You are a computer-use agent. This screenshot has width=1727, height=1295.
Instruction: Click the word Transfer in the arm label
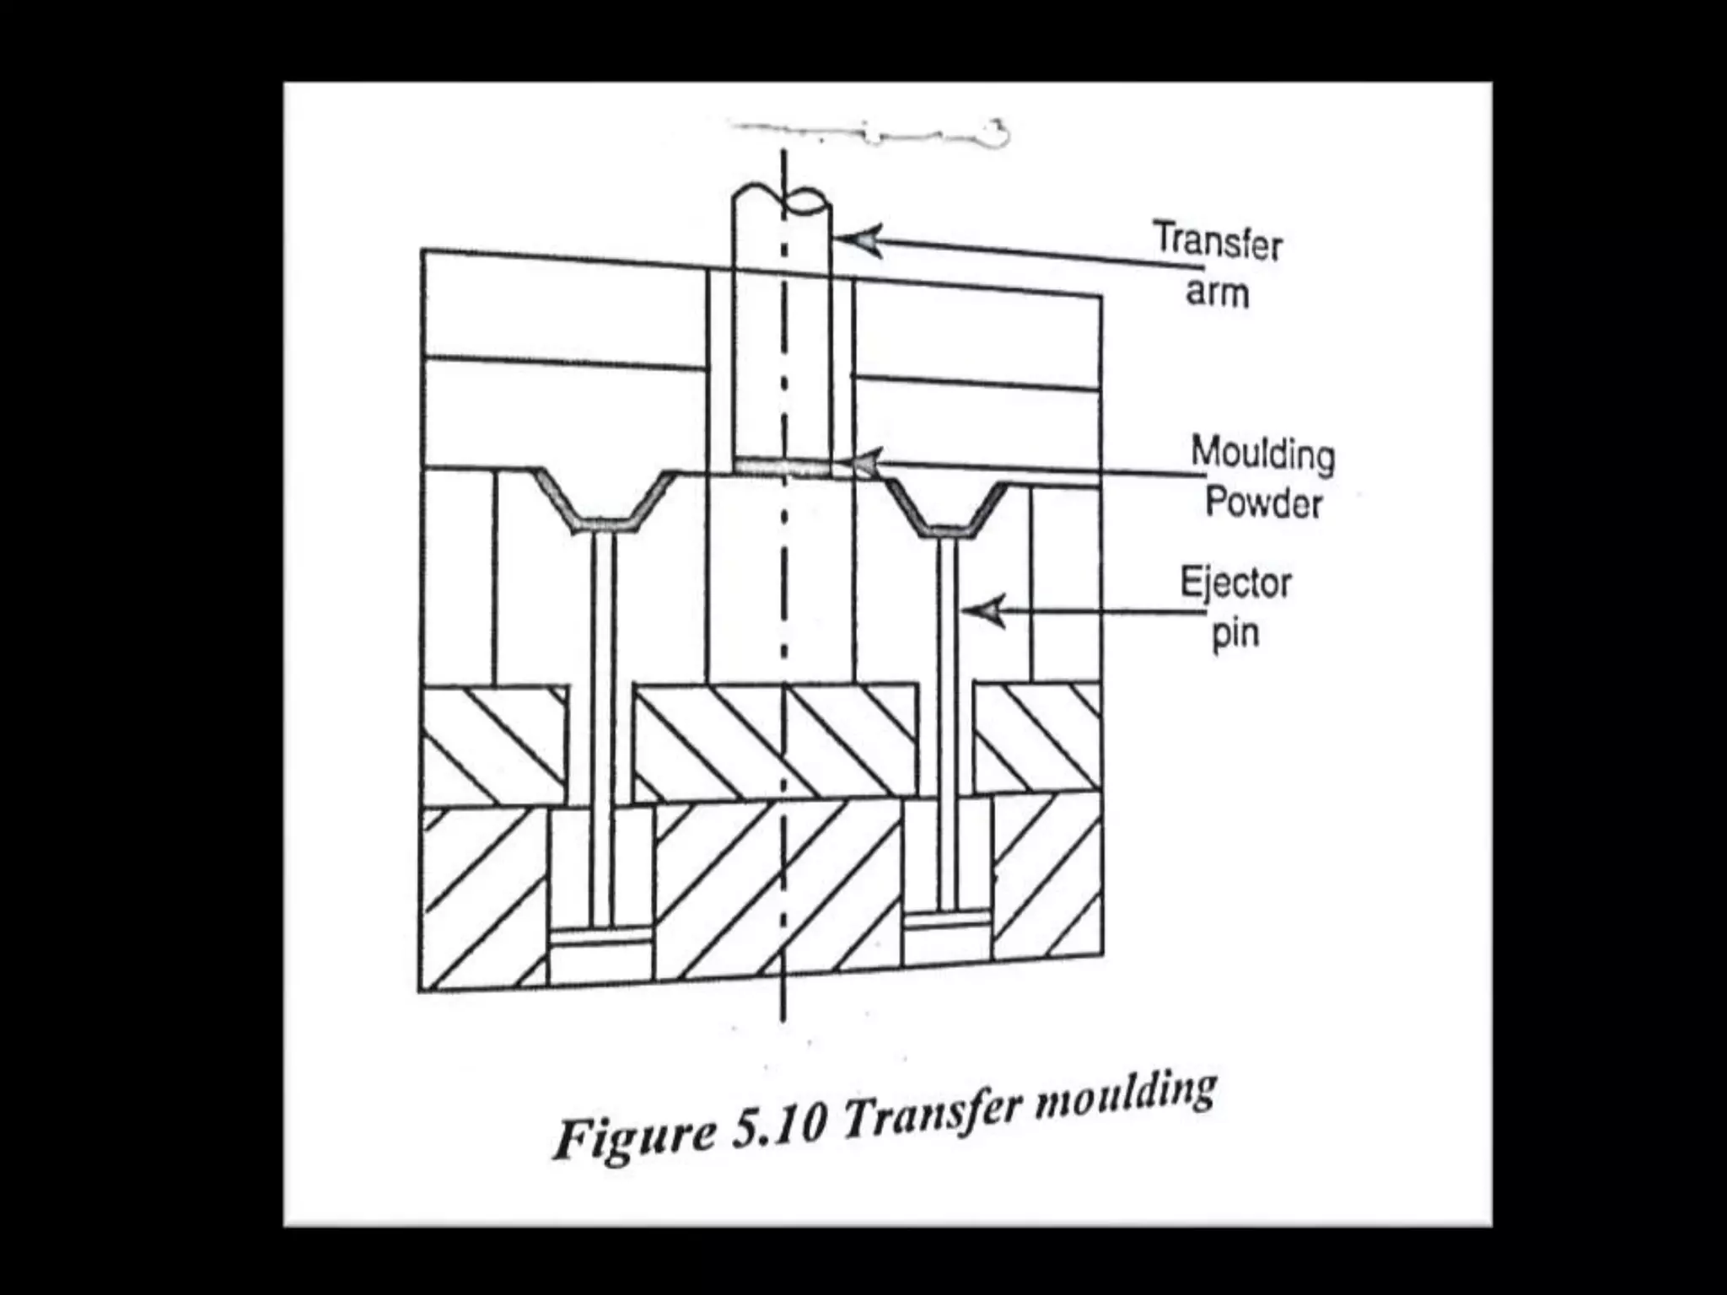pyautogui.click(x=1217, y=242)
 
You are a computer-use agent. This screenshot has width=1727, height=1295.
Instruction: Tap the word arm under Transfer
pyautogui.click(x=1217, y=293)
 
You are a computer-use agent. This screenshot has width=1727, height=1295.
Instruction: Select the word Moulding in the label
pyautogui.click(x=1262, y=454)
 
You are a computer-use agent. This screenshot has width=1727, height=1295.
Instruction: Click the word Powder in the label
pyautogui.click(x=1263, y=503)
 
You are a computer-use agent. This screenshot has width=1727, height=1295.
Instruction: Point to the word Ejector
pyautogui.click(x=1235, y=583)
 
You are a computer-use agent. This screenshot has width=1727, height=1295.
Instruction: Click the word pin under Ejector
pyautogui.click(x=1235, y=632)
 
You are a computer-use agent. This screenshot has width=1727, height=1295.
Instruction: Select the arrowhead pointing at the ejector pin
pyautogui.click(x=986, y=611)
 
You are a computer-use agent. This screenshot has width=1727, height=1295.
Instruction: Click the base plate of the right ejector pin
pyautogui.click(x=947, y=916)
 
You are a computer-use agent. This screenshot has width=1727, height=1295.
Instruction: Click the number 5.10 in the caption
pyautogui.click(x=777, y=1126)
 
